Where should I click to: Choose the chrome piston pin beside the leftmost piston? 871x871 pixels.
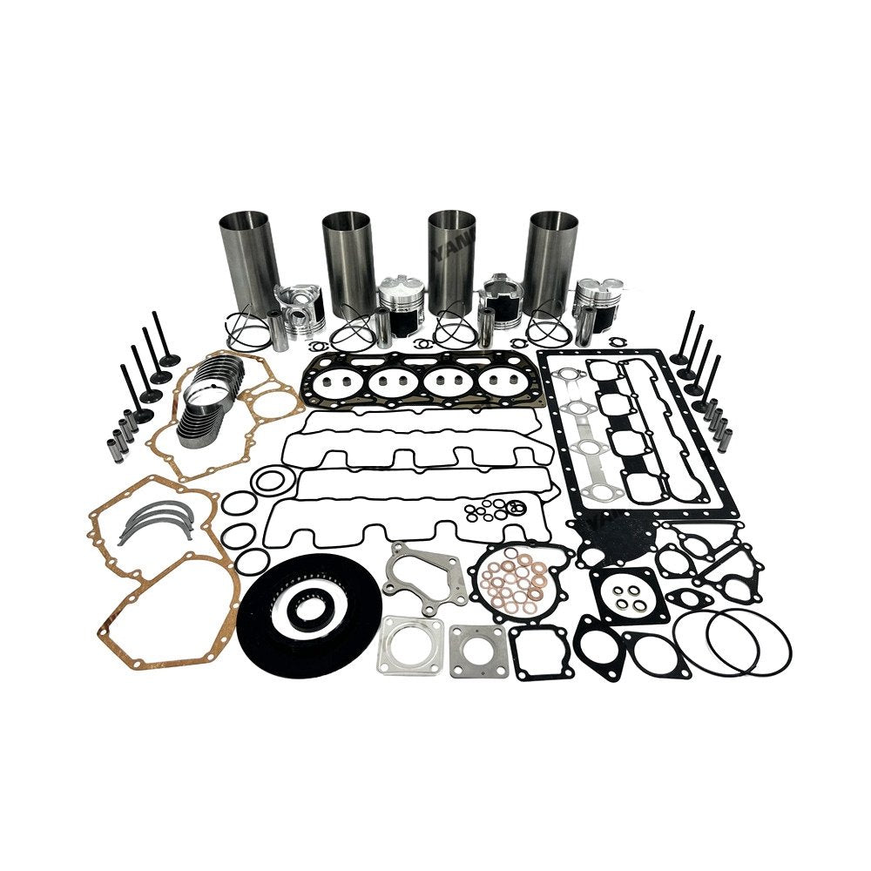[280, 330]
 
